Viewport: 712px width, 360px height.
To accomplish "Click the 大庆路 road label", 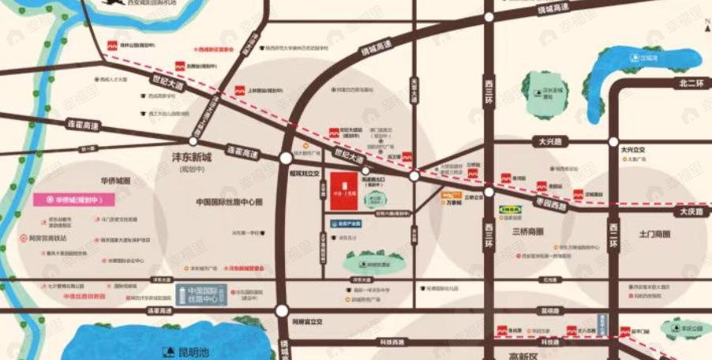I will pos(688,212).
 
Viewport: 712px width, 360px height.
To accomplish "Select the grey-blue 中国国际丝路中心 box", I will pos(200,295).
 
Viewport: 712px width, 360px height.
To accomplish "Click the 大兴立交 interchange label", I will pos(632,149).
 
